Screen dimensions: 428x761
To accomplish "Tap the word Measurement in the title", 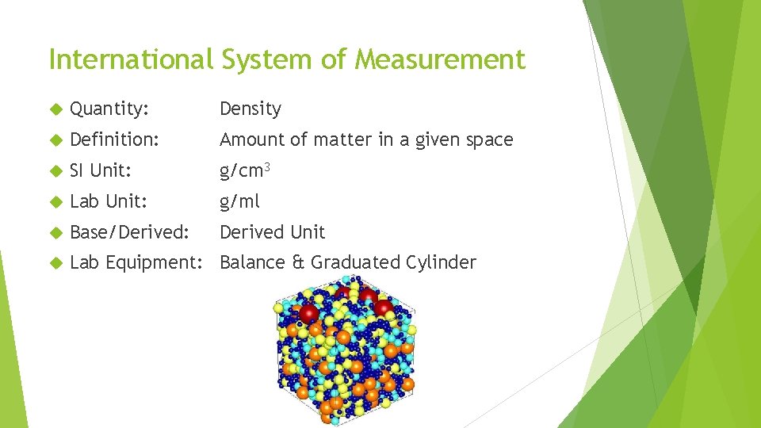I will click(x=440, y=59).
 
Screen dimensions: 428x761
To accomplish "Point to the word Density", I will click(x=250, y=109).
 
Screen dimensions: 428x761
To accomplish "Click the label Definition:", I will click(x=115, y=139).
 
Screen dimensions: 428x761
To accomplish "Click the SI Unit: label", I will click(x=99, y=170).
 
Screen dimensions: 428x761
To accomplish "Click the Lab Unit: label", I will click(x=109, y=201).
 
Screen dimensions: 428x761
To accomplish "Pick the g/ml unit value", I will click(x=239, y=201).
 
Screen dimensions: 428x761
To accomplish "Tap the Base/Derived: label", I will click(x=130, y=232).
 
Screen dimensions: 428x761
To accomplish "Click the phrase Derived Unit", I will click(x=272, y=232).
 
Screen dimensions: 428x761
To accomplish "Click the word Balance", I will click(x=251, y=262).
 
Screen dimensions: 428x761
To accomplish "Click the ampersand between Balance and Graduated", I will click(x=297, y=262).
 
